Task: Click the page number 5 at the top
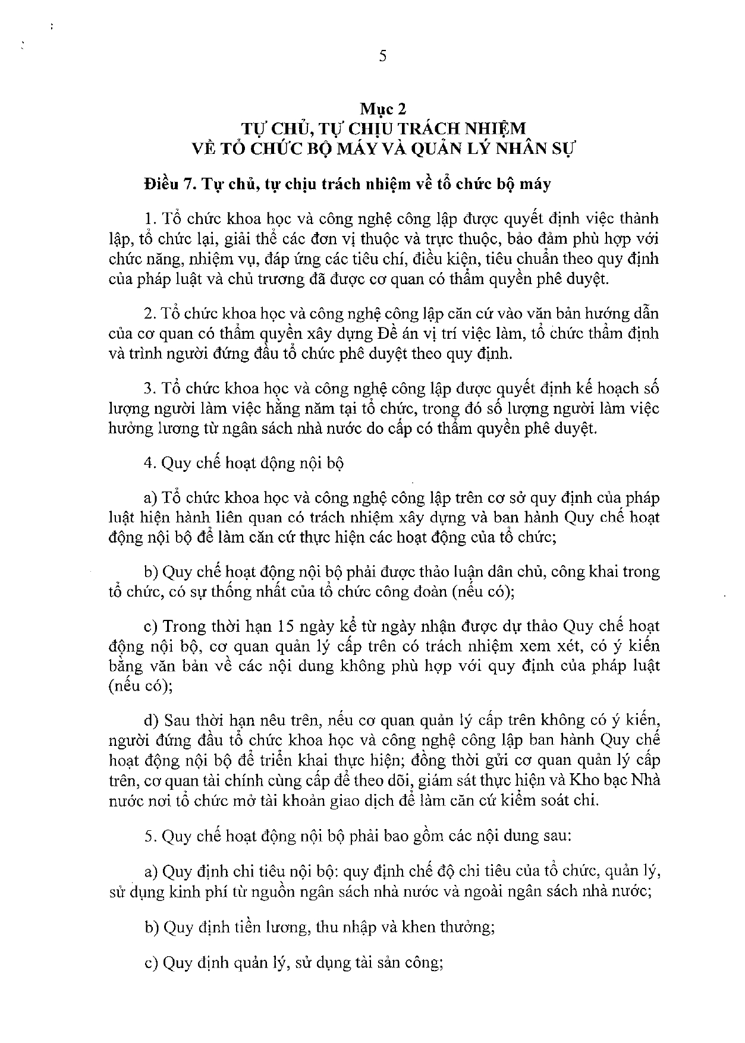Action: pos(382,56)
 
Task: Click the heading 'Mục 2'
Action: pos(382,109)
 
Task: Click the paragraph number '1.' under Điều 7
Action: pos(149,218)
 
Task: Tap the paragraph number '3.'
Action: pos(149,388)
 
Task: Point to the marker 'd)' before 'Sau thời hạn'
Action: pos(151,720)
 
